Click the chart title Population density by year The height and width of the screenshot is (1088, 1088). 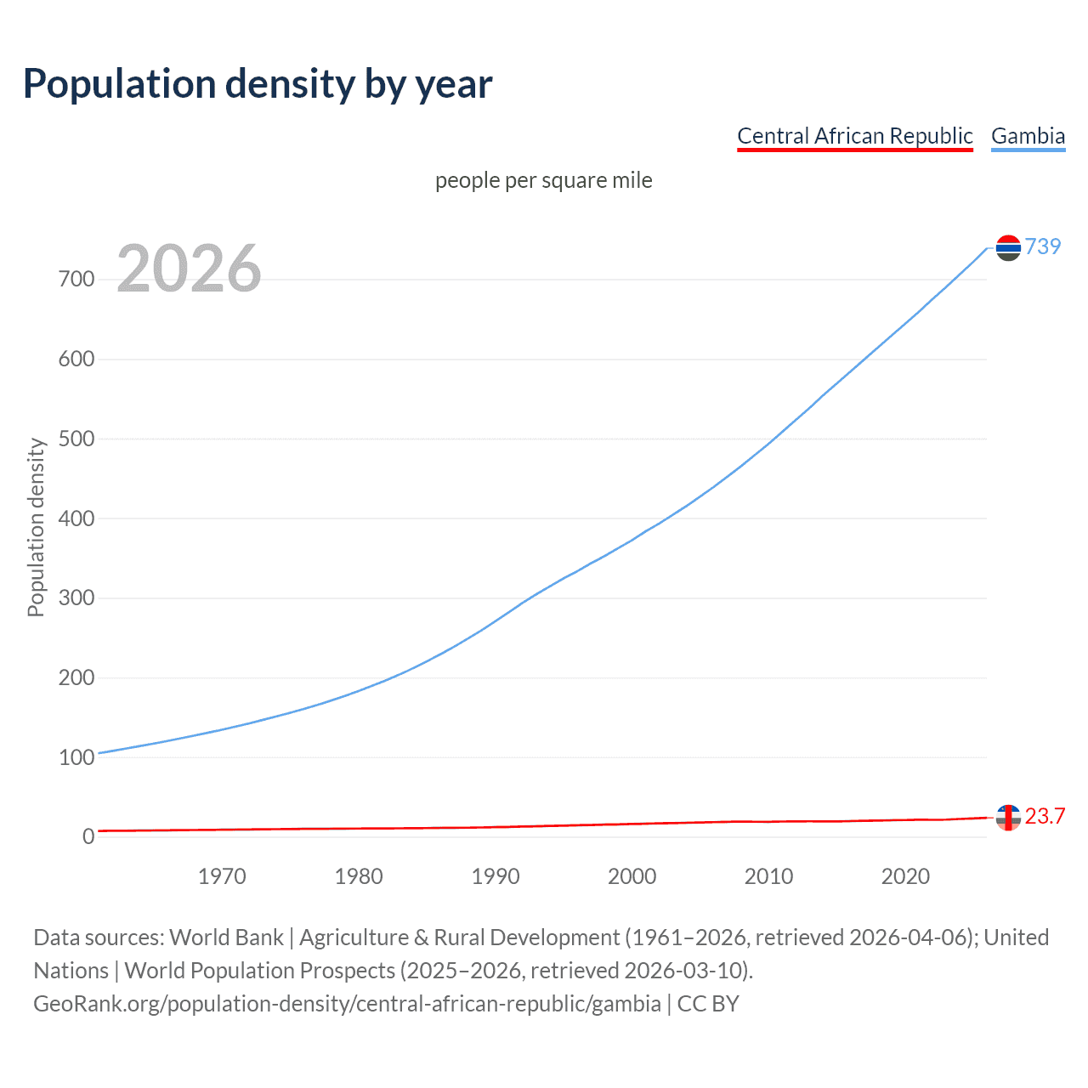point(258,83)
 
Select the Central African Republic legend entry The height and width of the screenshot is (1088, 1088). point(854,136)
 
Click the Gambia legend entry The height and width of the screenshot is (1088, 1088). point(1028,136)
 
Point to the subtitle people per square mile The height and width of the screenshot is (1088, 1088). point(543,180)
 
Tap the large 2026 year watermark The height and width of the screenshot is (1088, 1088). point(189,269)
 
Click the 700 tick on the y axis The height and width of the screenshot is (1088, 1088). point(76,279)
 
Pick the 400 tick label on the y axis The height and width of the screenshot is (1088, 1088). point(76,518)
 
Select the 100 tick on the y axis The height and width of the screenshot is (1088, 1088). point(76,757)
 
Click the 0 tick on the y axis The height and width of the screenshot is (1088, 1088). point(88,837)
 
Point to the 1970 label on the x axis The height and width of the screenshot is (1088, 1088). point(222,876)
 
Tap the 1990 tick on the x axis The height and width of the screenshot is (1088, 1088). point(496,876)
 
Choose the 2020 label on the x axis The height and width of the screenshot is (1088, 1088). point(905,876)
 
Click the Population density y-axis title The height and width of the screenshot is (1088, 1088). point(36,527)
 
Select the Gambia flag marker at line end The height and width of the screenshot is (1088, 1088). point(1008,247)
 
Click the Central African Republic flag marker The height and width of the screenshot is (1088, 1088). point(1008,818)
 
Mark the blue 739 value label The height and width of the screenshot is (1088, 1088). point(1043,246)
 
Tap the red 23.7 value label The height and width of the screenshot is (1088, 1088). point(1045,817)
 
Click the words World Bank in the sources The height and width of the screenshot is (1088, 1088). point(226,938)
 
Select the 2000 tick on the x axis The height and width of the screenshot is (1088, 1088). point(632,876)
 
